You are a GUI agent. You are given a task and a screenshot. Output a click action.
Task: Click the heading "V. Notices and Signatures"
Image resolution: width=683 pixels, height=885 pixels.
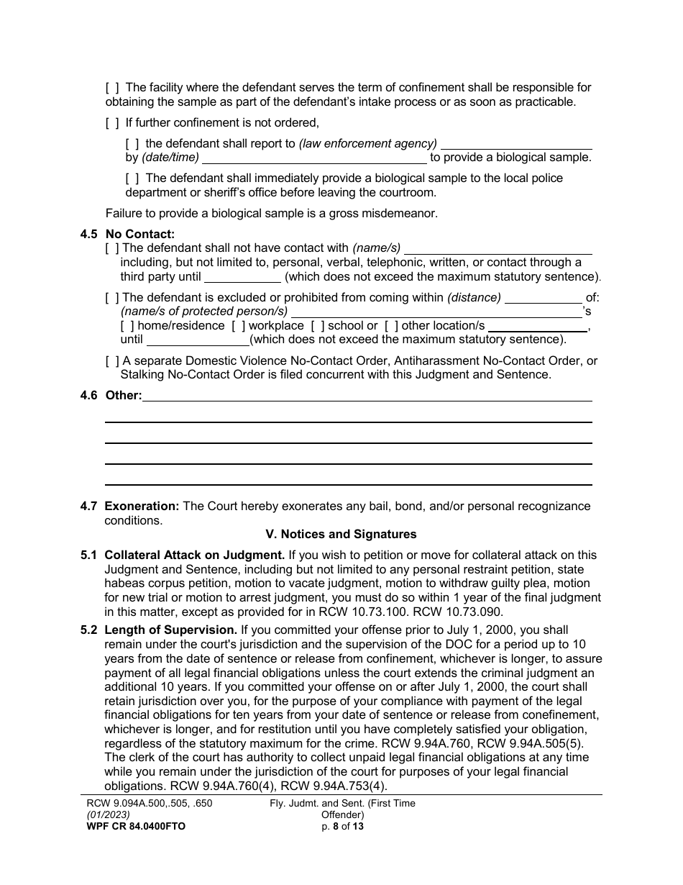click(x=341, y=535)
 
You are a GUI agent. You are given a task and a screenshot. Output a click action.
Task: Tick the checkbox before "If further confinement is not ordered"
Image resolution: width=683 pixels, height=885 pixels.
click(x=112, y=122)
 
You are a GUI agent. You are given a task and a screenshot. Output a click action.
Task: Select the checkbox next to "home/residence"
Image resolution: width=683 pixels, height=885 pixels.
click(x=127, y=326)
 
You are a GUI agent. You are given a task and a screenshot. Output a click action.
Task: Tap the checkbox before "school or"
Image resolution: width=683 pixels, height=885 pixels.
click(x=318, y=326)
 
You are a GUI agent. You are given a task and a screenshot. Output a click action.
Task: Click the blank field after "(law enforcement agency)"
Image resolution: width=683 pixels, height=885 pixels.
click(x=515, y=143)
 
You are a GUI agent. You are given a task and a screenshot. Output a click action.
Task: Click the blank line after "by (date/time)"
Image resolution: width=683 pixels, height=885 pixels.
click(x=314, y=158)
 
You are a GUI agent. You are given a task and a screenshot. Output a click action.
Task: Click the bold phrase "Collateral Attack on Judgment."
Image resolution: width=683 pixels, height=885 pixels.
click(x=194, y=555)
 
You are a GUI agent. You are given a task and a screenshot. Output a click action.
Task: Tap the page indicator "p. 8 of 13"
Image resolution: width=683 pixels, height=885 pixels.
click(x=342, y=827)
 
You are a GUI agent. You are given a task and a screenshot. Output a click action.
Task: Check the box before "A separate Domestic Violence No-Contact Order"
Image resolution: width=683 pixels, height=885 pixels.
click(x=112, y=361)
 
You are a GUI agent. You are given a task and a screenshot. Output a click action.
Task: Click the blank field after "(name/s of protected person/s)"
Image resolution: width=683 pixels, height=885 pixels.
click(x=436, y=312)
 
